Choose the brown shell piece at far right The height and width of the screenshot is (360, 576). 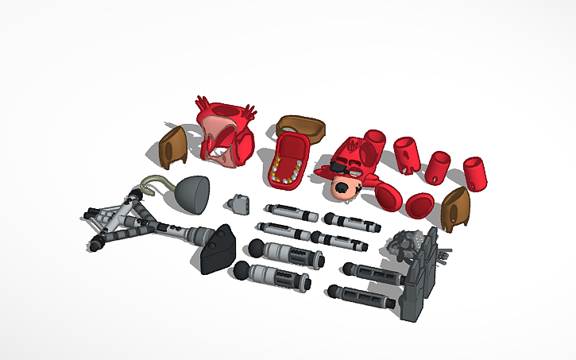457,209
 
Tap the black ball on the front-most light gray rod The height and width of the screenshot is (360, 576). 239,275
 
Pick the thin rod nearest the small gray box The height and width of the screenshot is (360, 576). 290,211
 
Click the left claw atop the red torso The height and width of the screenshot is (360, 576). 202,104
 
